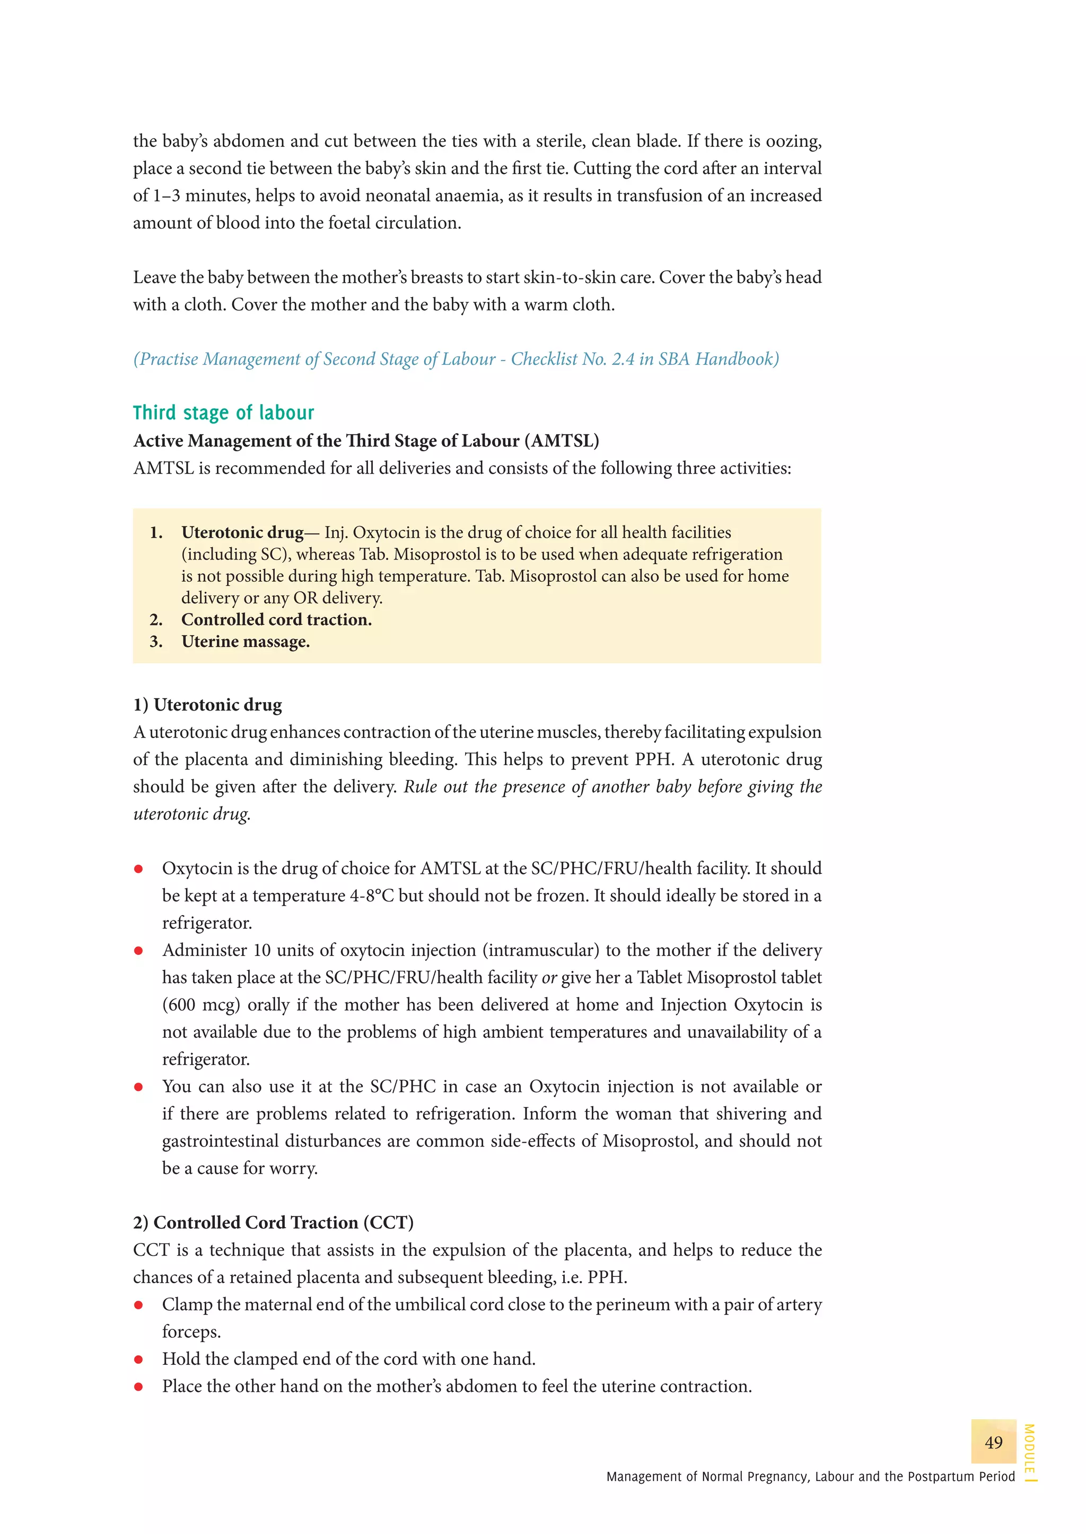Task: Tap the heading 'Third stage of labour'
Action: click(223, 413)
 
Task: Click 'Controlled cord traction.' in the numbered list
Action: click(276, 620)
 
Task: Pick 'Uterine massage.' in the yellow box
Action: click(246, 642)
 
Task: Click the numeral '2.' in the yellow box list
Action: click(156, 620)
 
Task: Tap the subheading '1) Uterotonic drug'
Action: click(207, 705)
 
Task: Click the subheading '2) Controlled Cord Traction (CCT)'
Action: click(273, 1222)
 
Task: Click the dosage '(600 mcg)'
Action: click(202, 1004)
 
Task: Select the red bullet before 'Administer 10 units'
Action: click(138, 950)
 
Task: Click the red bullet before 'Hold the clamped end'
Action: click(138, 1359)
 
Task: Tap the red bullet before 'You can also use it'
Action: click(138, 1086)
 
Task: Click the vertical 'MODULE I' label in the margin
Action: click(1029, 1451)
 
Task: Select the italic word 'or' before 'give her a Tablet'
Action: click(549, 978)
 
